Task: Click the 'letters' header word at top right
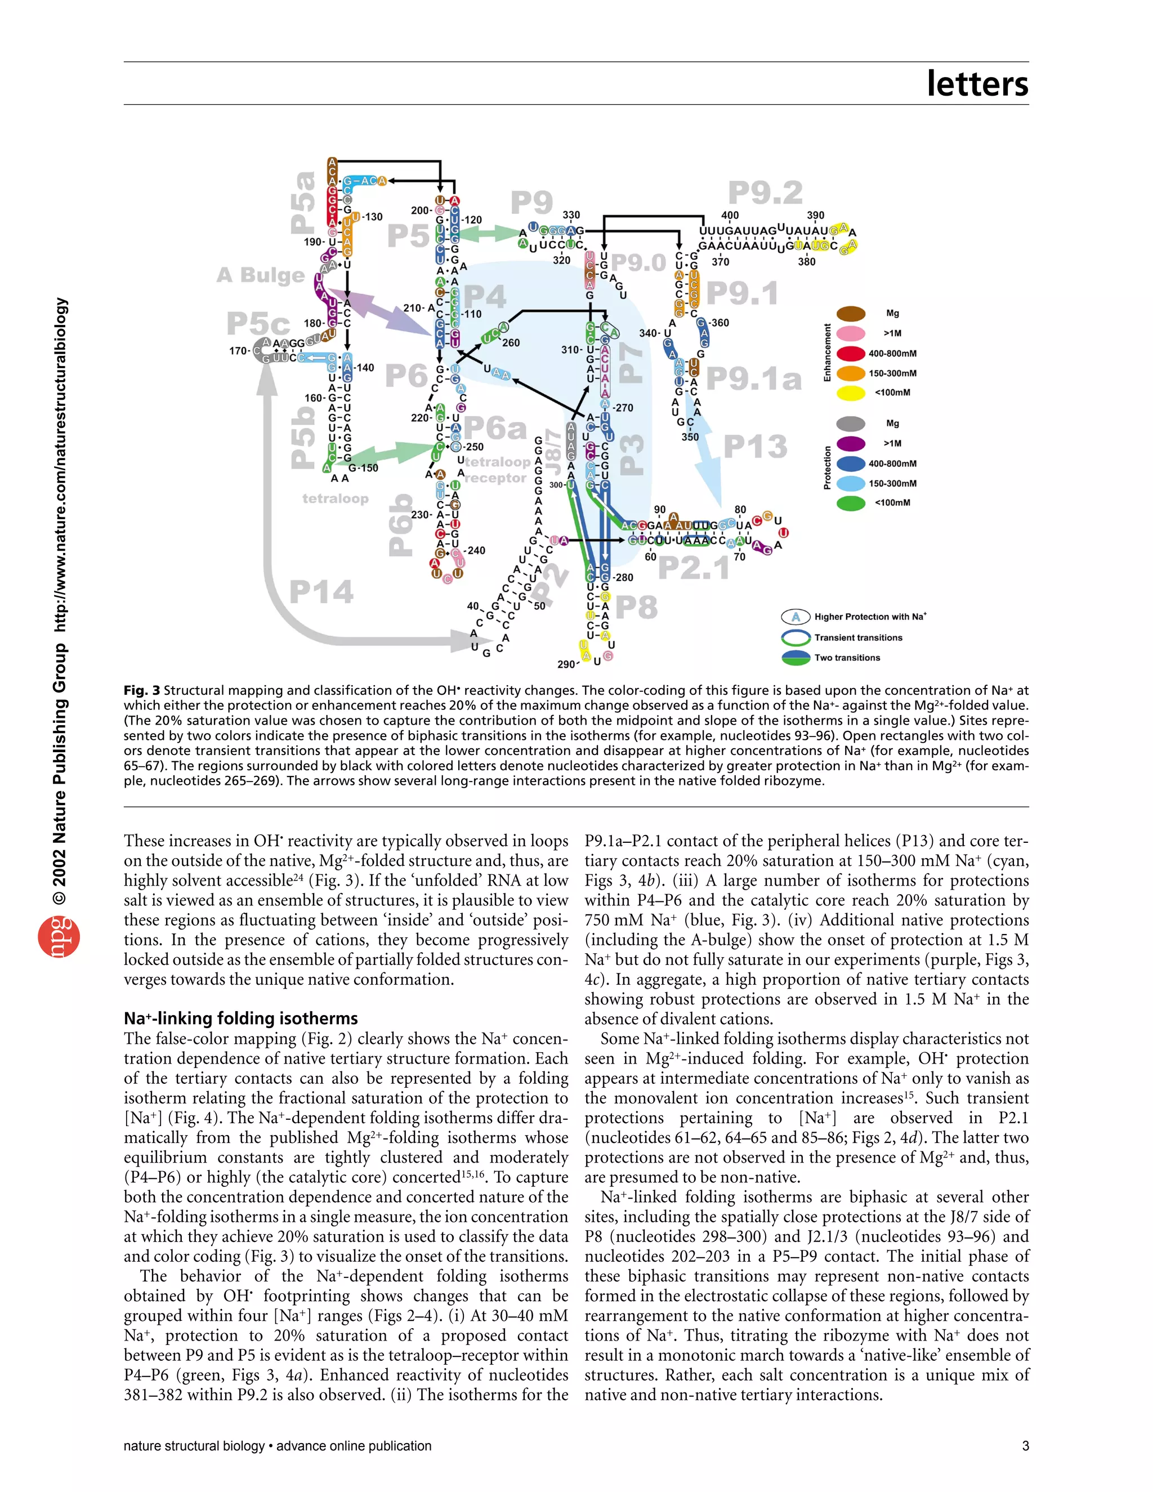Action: pyautogui.click(x=977, y=83)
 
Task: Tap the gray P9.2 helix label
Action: pyautogui.click(x=765, y=193)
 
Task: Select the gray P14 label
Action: pyautogui.click(x=321, y=592)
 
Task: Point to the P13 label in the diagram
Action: pyautogui.click(x=755, y=447)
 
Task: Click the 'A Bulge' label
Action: pyautogui.click(x=260, y=275)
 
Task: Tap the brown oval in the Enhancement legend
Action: pyautogui.click(x=851, y=314)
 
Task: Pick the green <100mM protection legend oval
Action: pyautogui.click(x=851, y=503)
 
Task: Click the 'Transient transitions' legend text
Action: pyautogui.click(x=858, y=637)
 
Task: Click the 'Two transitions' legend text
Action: pyautogui.click(x=847, y=658)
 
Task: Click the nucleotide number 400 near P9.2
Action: pyautogui.click(x=730, y=215)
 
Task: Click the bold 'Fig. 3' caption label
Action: pyautogui.click(x=141, y=691)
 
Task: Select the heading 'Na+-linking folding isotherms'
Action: pyautogui.click(x=240, y=1019)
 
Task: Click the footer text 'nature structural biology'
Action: pyautogui.click(x=194, y=1446)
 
